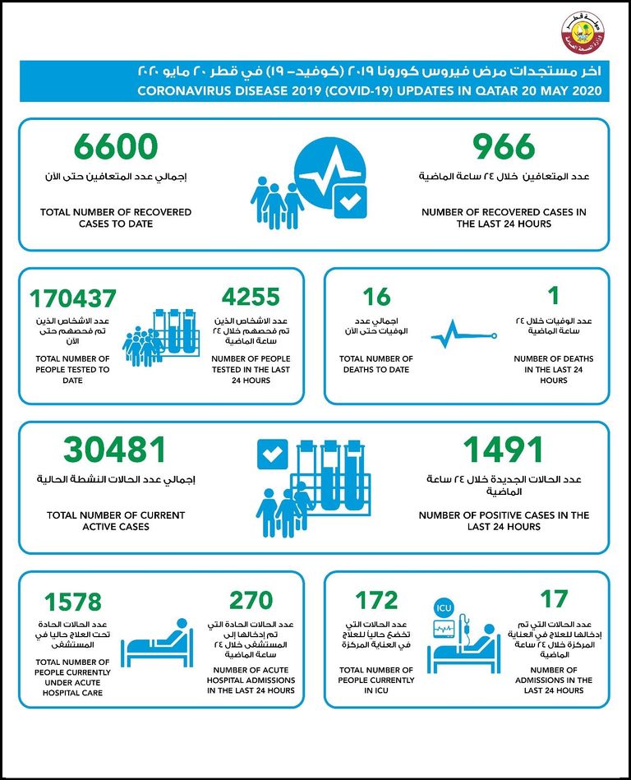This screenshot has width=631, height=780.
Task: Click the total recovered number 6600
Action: tap(115, 147)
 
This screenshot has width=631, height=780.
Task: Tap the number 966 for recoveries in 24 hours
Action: tap(504, 147)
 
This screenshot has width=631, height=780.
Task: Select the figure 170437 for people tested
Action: tap(73, 298)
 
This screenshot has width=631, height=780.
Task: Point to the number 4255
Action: tap(251, 297)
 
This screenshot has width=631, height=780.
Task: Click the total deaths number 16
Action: tap(376, 297)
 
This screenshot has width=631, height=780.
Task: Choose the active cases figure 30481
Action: tap(115, 450)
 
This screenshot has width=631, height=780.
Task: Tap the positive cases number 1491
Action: tap(504, 450)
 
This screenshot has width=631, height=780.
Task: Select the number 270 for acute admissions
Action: tap(251, 600)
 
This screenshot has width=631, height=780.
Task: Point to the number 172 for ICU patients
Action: tap(376, 601)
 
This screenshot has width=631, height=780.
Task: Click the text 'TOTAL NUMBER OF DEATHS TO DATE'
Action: tap(376, 364)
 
